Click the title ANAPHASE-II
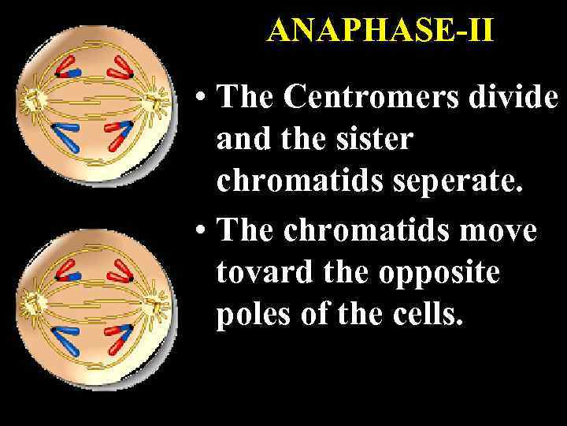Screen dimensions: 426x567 [x=380, y=31]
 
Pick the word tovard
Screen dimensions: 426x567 [x=253, y=275]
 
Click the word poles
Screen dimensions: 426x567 [x=248, y=316]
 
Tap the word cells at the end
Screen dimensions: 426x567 [x=432, y=316]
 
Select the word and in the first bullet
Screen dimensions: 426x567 [x=239, y=140]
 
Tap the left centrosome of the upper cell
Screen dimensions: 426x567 [x=33, y=99]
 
